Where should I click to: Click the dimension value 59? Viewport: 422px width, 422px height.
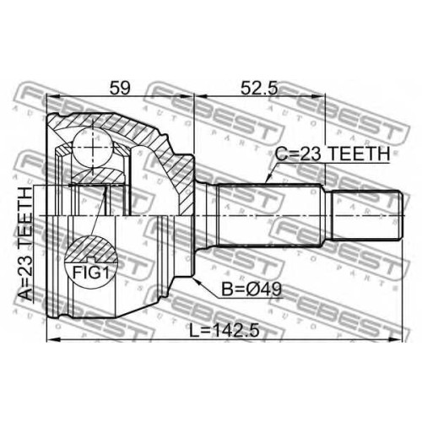(x=120, y=89)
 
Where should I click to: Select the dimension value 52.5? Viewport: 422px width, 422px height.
(x=259, y=89)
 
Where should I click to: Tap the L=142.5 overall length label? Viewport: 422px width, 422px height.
(x=224, y=331)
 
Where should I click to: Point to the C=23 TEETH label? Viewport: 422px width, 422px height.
(x=333, y=154)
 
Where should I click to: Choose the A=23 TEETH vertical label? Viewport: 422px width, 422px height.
(x=25, y=244)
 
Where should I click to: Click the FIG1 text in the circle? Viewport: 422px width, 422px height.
(x=91, y=273)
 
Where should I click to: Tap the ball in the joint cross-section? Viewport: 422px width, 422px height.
(x=93, y=149)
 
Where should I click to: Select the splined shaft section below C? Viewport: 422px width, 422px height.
(x=269, y=215)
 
